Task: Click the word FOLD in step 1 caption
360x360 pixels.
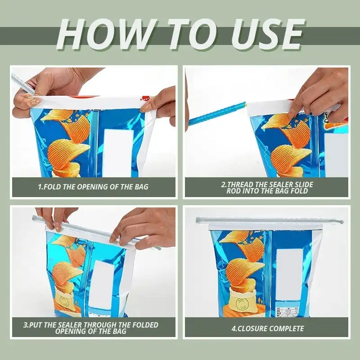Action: coord(52,187)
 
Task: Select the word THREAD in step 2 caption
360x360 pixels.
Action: coord(240,184)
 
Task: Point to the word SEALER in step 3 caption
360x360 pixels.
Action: coord(70,325)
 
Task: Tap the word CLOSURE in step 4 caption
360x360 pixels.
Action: coord(252,328)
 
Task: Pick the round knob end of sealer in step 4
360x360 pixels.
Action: coord(341,222)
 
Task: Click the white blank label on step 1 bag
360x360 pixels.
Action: coord(118,153)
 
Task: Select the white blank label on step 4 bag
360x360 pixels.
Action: coord(290,274)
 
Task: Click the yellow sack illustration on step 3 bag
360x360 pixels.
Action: coord(64,299)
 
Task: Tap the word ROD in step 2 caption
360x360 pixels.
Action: coord(234,191)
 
